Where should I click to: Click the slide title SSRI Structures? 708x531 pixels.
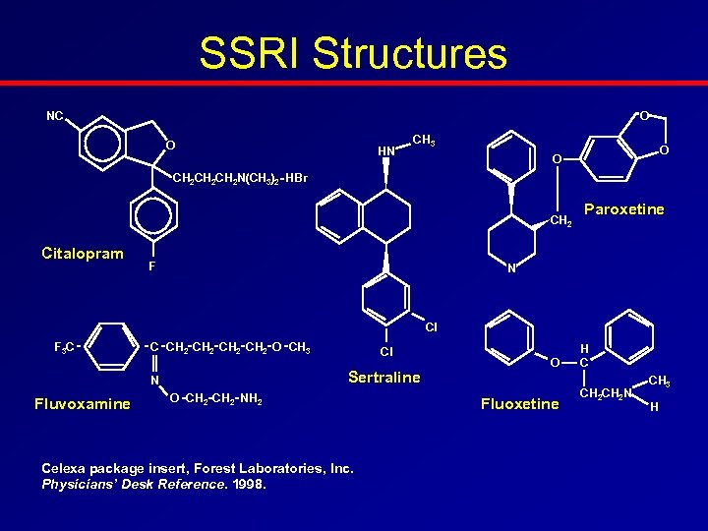coord(353,54)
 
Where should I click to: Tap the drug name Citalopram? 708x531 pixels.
coord(83,254)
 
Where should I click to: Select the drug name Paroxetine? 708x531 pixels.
coord(623,209)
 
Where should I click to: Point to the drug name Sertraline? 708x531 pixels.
coord(383,378)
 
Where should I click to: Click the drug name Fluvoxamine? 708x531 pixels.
coord(82,403)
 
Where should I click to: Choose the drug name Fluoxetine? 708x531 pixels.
coord(519,403)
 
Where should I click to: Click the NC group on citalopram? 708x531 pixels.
coord(55,116)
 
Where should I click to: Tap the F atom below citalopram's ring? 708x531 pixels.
coord(151,266)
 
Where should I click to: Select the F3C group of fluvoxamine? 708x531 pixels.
coord(65,346)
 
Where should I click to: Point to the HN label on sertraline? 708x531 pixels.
coord(386,150)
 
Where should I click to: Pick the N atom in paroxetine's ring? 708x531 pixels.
coord(511,270)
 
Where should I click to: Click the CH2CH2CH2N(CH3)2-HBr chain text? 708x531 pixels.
coord(239,178)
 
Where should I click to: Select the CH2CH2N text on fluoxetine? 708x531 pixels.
coord(605,394)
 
